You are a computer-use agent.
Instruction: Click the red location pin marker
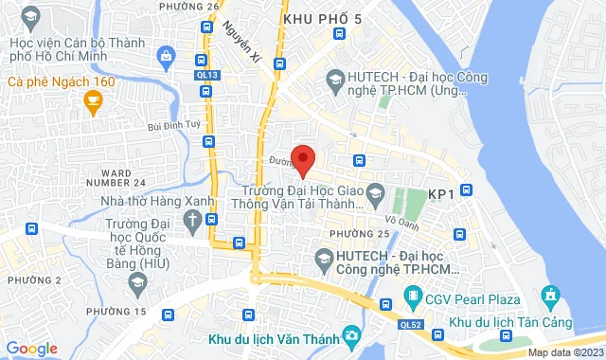click(302, 160)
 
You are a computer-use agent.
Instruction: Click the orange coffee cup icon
click(92, 103)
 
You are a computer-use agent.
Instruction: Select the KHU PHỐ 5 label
click(322, 19)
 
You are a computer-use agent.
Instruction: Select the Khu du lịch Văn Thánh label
click(270, 336)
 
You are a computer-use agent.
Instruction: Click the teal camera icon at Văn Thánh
click(351, 335)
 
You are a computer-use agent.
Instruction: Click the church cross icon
click(193, 222)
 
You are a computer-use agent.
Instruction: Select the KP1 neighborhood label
click(441, 193)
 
